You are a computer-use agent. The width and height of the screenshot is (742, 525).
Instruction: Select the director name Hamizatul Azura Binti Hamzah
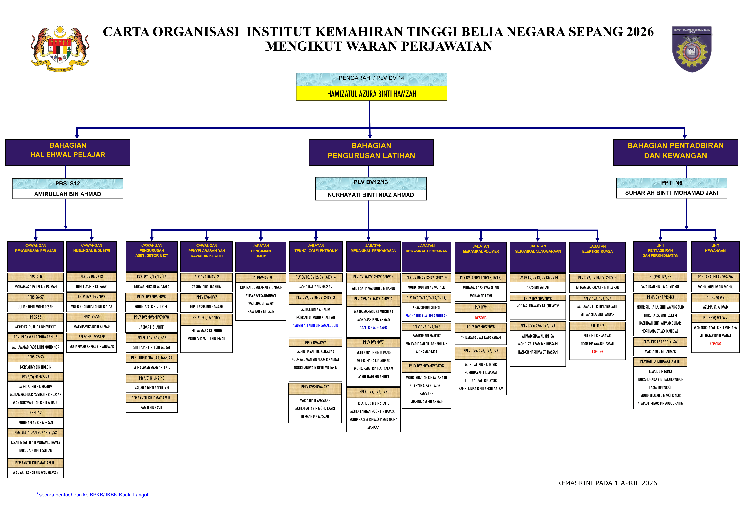[x=371, y=94]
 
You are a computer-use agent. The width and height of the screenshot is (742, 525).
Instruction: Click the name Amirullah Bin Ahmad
[x=68, y=194]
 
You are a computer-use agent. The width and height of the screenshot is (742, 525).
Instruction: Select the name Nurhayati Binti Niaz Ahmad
[x=371, y=195]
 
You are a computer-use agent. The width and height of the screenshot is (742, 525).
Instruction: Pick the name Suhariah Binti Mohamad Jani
[x=672, y=193]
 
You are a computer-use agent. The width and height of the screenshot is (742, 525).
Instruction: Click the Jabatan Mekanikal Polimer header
[x=481, y=257]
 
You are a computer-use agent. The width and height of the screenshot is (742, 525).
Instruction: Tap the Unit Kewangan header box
[x=715, y=256]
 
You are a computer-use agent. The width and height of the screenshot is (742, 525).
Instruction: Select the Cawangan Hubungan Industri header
[x=92, y=256]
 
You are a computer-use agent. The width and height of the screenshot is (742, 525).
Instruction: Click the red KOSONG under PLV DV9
[x=481, y=318]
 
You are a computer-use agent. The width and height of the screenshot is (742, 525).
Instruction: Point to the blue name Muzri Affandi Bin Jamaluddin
[x=315, y=325]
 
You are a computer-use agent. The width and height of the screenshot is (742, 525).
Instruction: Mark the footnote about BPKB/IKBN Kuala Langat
[x=93, y=495]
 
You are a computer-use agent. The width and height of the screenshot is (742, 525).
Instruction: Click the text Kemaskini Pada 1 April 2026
[x=607, y=483]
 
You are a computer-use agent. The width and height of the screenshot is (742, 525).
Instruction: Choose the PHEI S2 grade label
[x=35, y=413]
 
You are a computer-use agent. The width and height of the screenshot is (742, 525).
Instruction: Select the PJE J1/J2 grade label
[x=597, y=326]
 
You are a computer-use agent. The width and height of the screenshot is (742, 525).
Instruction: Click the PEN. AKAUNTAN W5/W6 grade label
[x=715, y=277]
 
